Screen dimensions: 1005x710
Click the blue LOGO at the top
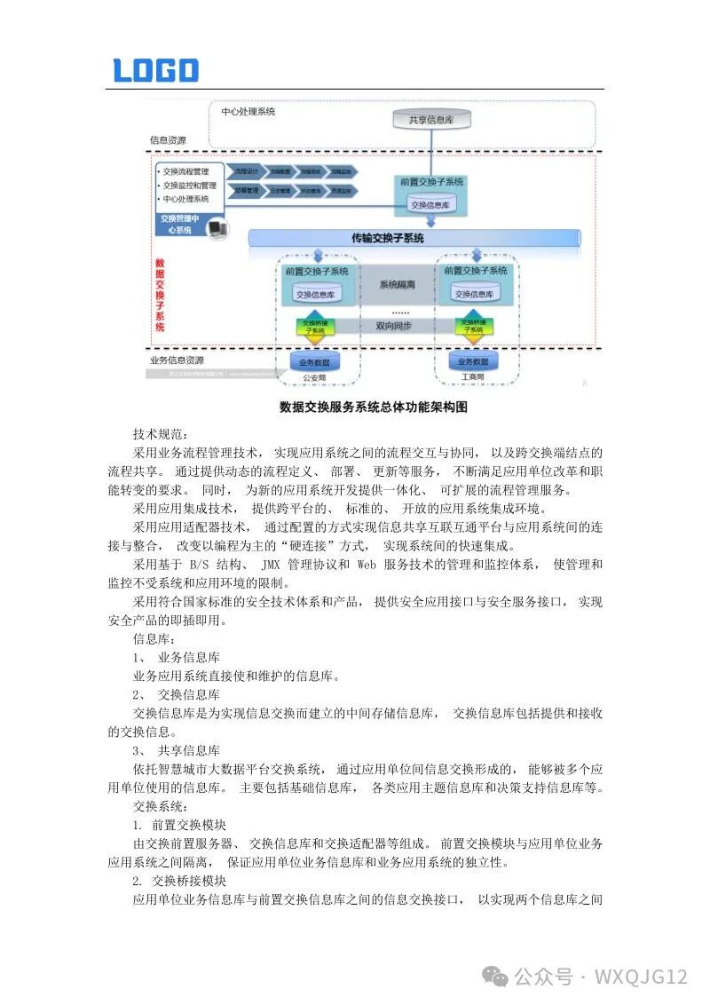(156, 70)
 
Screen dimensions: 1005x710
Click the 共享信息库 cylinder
(432, 119)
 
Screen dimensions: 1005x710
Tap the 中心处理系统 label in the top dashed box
(248, 112)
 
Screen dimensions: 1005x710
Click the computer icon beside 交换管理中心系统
(217, 229)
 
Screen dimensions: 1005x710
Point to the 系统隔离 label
(398, 285)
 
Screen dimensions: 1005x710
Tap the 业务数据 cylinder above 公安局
(314, 361)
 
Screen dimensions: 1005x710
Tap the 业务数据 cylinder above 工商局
(474, 361)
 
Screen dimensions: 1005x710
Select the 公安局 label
(315, 377)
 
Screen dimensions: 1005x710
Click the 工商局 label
(473, 377)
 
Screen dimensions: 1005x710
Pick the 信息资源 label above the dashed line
(168, 140)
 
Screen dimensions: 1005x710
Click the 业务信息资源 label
(177, 360)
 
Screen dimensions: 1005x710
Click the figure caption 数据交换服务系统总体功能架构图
(373, 407)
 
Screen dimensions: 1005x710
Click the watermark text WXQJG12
(641, 977)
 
